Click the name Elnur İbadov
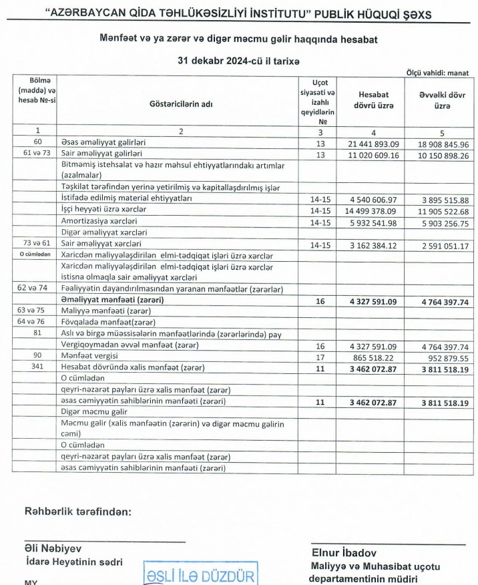(x=345, y=553)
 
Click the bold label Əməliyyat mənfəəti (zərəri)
(x=122, y=301)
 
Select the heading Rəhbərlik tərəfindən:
(x=77, y=512)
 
